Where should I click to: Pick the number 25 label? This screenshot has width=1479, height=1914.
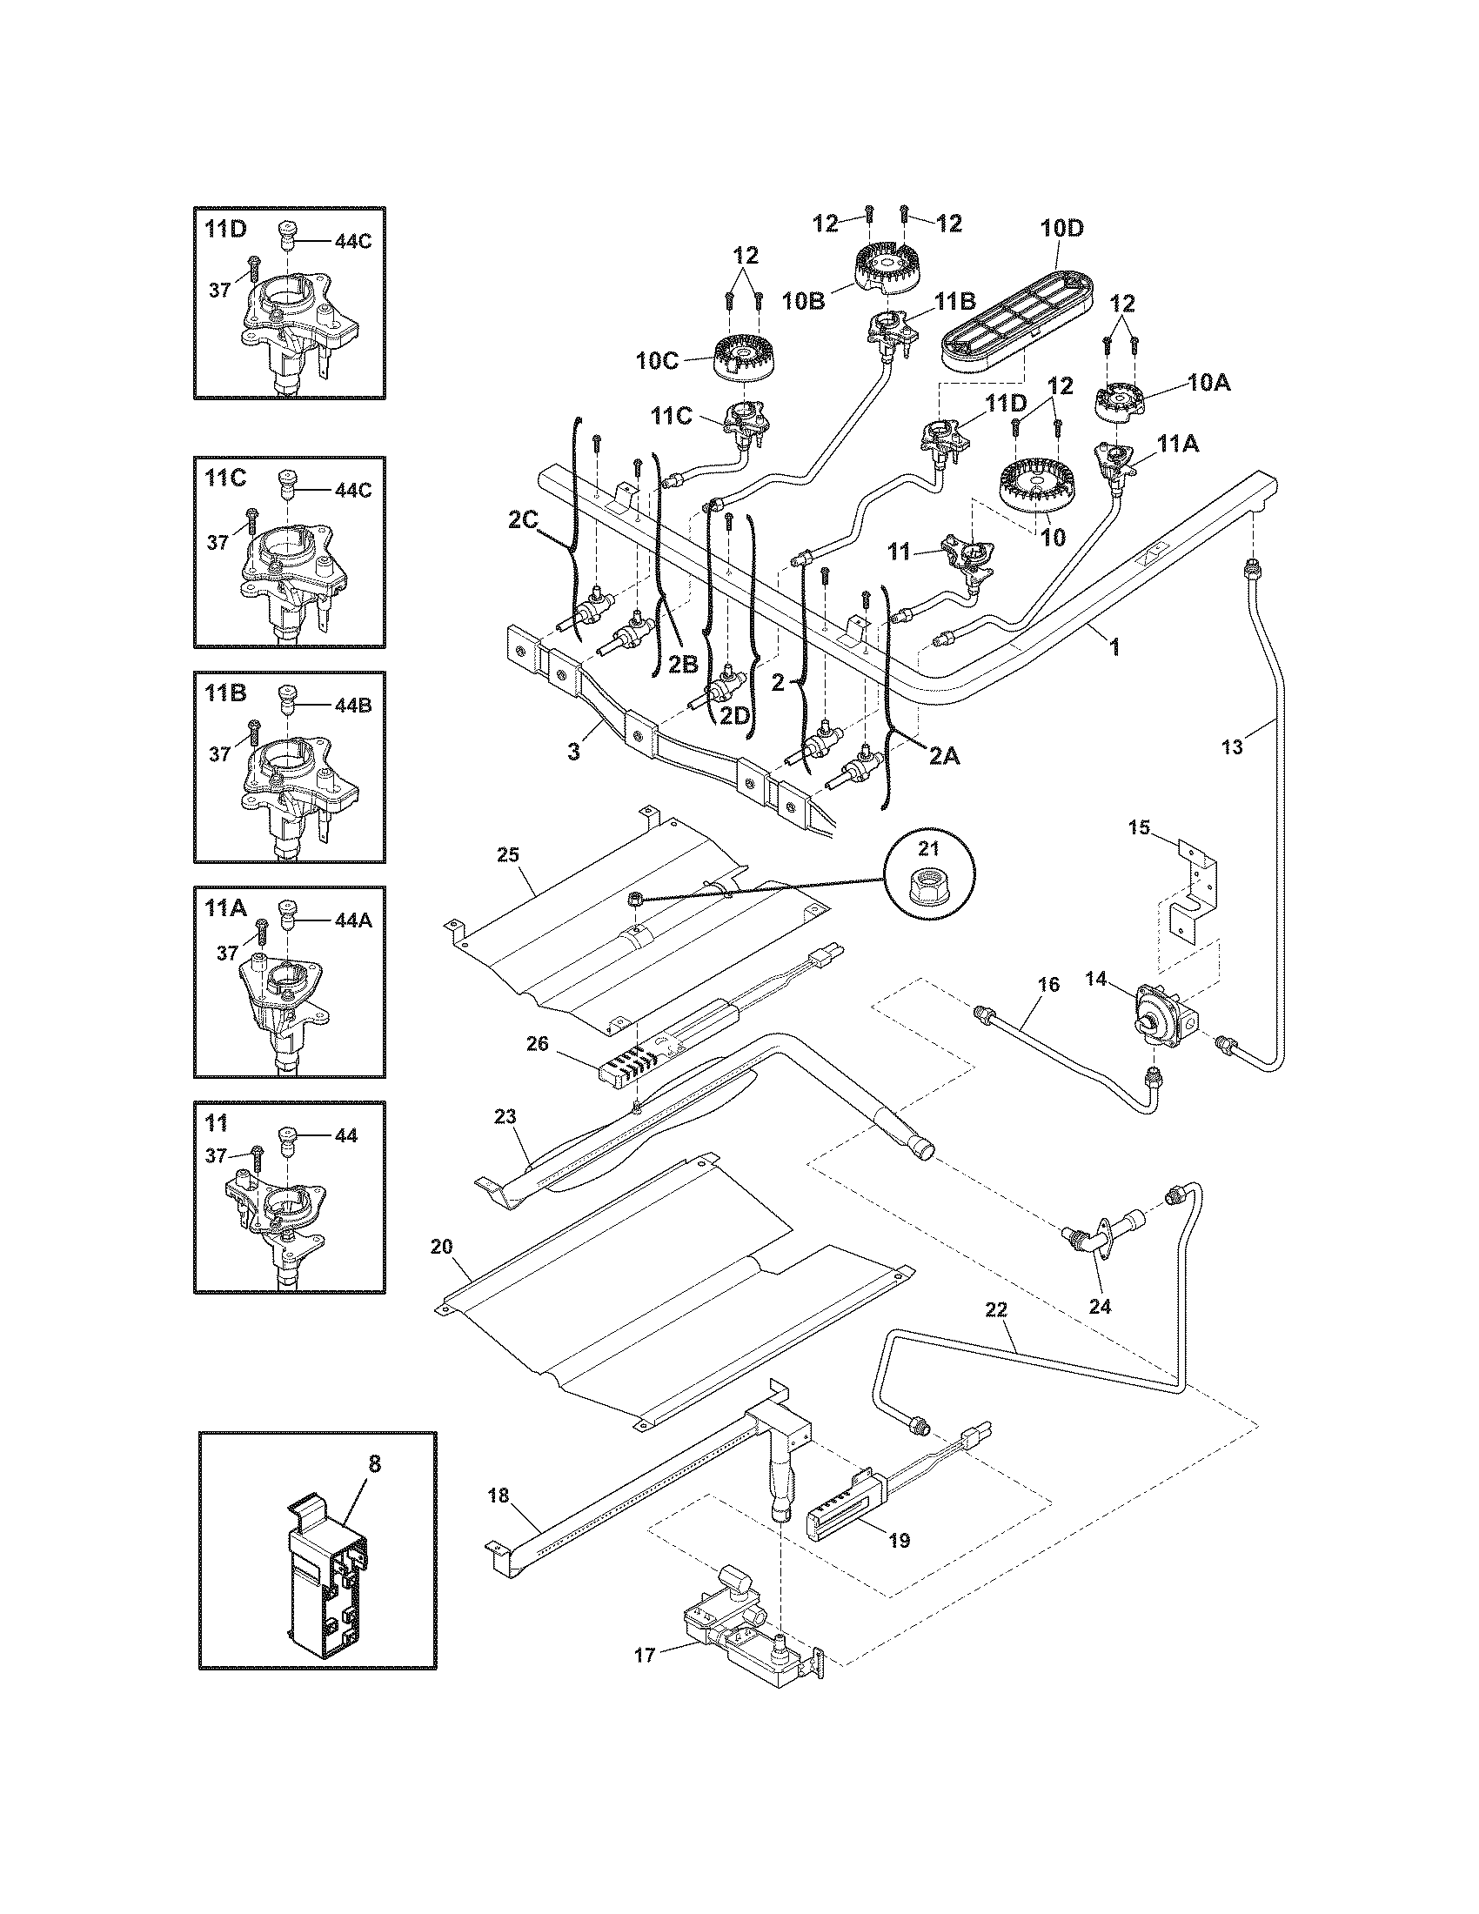click(508, 854)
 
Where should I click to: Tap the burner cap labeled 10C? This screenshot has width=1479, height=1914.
click(742, 358)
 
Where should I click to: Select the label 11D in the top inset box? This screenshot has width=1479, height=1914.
click(226, 230)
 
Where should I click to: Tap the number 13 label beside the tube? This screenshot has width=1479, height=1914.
click(1232, 747)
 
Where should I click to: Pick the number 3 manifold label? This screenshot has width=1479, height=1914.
click(573, 752)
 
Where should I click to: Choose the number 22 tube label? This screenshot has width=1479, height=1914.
click(996, 1335)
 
